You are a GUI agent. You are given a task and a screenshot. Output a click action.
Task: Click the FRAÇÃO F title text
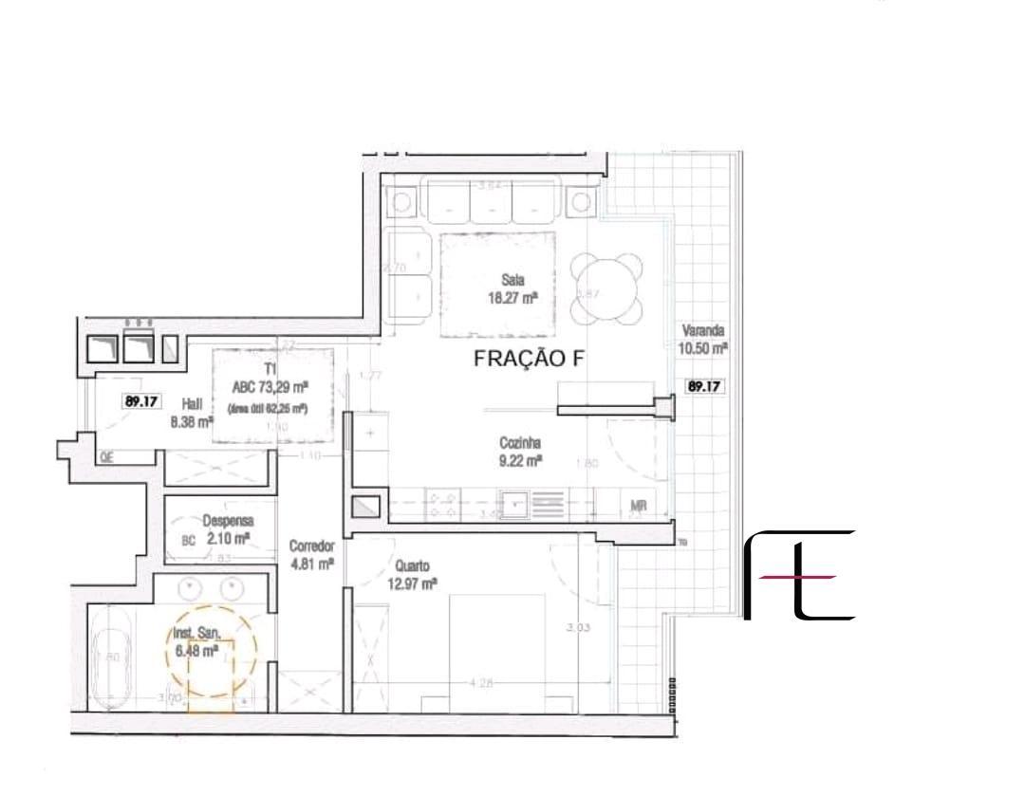(x=532, y=360)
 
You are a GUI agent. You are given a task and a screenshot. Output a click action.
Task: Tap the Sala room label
(x=513, y=280)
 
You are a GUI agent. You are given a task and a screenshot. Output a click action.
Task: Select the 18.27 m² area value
(x=513, y=296)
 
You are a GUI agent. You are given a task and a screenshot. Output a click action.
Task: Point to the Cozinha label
(x=520, y=442)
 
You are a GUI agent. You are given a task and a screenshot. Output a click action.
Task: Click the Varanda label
(x=703, y=331)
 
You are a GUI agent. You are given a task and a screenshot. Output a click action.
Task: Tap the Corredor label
(x=311, y=546)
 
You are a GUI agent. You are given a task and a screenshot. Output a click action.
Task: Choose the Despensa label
(x=226, y=520)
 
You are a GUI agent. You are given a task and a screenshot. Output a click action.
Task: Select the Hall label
(x=191, y=403)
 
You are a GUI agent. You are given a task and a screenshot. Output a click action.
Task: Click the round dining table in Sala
(x=606, y=288)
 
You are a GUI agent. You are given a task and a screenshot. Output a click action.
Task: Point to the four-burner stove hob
(x=442, y=503)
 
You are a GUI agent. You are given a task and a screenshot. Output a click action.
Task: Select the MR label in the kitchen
(x=638, y=506)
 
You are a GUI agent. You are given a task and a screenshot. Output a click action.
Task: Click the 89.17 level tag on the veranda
(x=703, y=386)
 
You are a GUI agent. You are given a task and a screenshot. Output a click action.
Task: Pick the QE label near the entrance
(x=107, y=457)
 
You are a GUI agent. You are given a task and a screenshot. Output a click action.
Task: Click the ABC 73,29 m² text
(x=271, y=387)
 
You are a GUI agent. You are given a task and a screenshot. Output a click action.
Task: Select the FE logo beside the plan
(x=799, y=575)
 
